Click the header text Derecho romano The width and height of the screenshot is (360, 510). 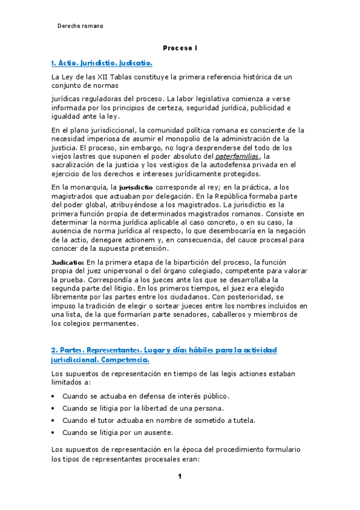tap(80, 26)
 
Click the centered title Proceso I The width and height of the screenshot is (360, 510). tap(180, 48)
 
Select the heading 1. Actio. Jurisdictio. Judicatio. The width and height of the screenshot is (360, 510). tap(102, 63)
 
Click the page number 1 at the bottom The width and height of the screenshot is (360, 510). tap(179, 477)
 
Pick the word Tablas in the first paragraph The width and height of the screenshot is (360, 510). tap(135, 77)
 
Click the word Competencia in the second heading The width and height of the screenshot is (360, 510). tap(122, 360)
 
